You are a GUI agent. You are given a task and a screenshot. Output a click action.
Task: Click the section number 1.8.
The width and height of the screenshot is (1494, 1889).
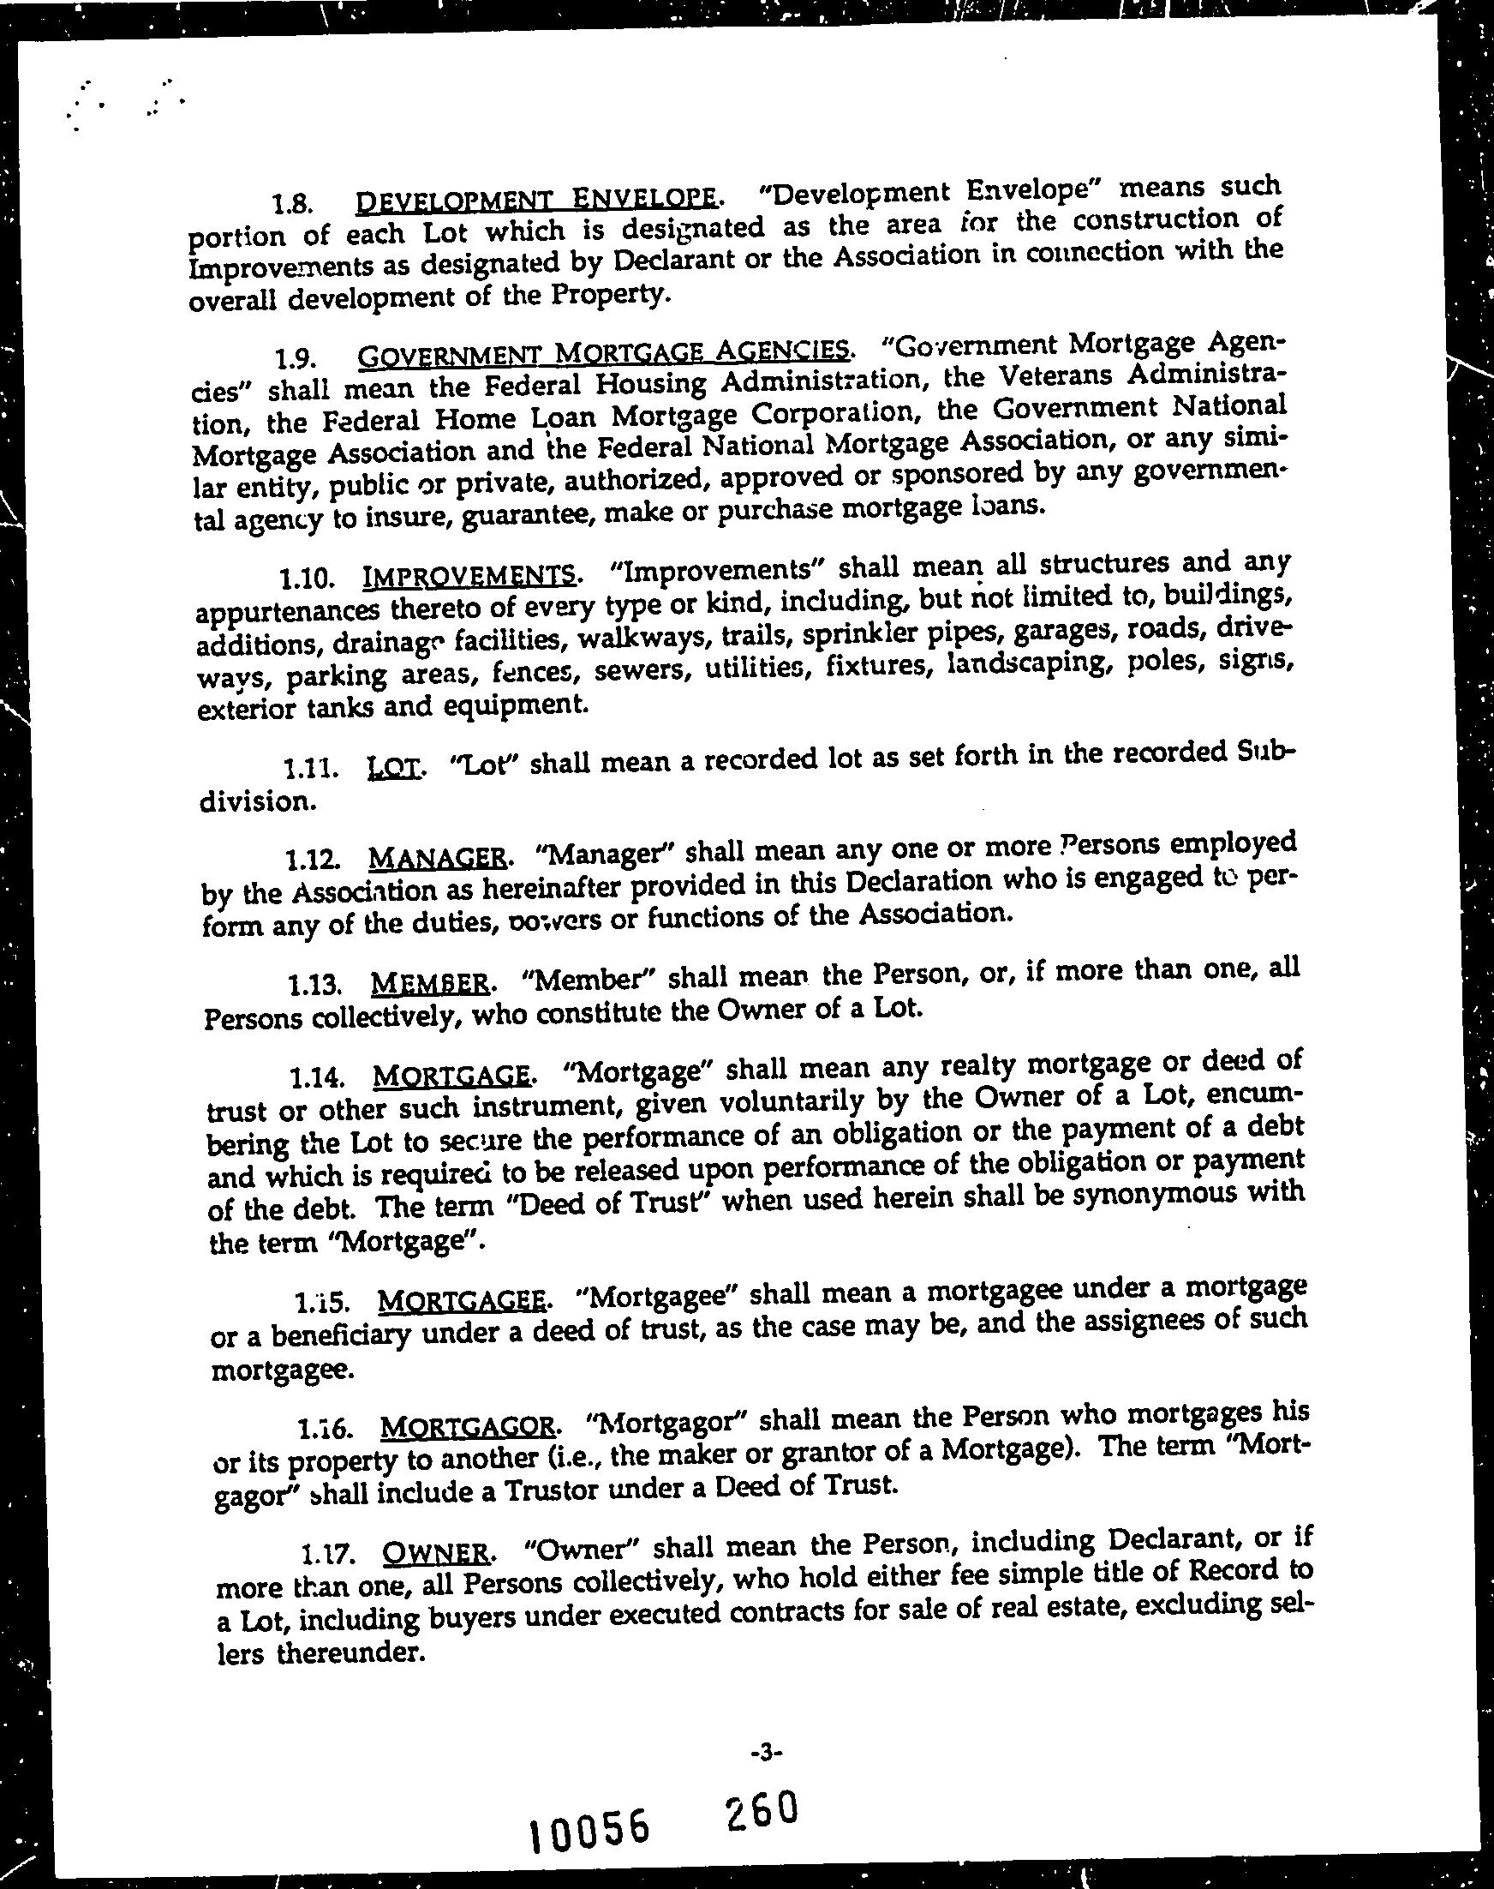(x=291, y=205)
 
